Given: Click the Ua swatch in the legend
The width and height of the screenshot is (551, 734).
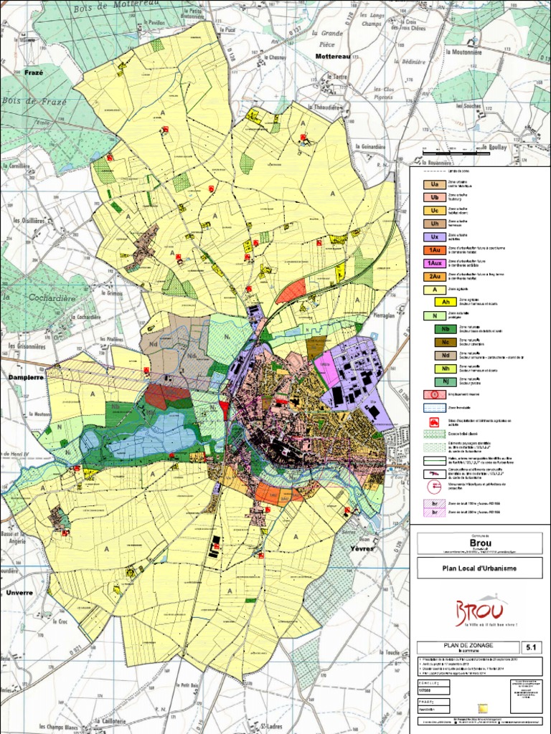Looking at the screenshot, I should click(434, 185).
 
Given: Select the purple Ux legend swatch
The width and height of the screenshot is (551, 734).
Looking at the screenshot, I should click(434, 237).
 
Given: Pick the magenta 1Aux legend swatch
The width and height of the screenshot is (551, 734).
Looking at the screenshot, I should click(434, 263).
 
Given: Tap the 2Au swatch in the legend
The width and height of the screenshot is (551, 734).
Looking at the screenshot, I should click(434, 276).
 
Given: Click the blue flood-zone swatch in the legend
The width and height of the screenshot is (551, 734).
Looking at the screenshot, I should click(434, 407).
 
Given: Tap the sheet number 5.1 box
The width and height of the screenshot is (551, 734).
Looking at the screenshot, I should click(532, 647).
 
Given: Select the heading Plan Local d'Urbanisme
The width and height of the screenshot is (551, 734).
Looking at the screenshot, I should click(479, 568).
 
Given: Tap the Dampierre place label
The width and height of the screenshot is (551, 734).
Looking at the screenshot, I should click(25, 376).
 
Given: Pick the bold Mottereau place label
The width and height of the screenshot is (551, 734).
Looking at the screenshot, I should click(333, 55).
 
